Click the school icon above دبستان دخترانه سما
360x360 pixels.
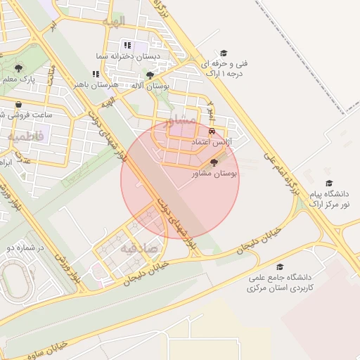pyautogui.click(x=127, y=45)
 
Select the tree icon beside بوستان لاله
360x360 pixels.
pyautogui.click(x=150, y=75)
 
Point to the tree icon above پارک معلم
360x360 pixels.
pyautogui.click(x=18, y=68)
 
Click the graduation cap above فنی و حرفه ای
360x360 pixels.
pyautogui.click(x=224, y=53)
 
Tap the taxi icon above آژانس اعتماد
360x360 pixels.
pyautogui.click(x=212, y=131)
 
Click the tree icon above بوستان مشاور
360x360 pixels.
pyautogui.click(x=214, y=162)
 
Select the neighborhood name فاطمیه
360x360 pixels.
pyautogui.click(x=25, y=136)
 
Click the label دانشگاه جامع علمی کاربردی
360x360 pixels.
pyautogui.click(x=279, y=283)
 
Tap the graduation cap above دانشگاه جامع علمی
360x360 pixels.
pyautogui.click(x=280, y=267)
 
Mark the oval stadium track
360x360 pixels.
pyautogui.click(x=15, y=280)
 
